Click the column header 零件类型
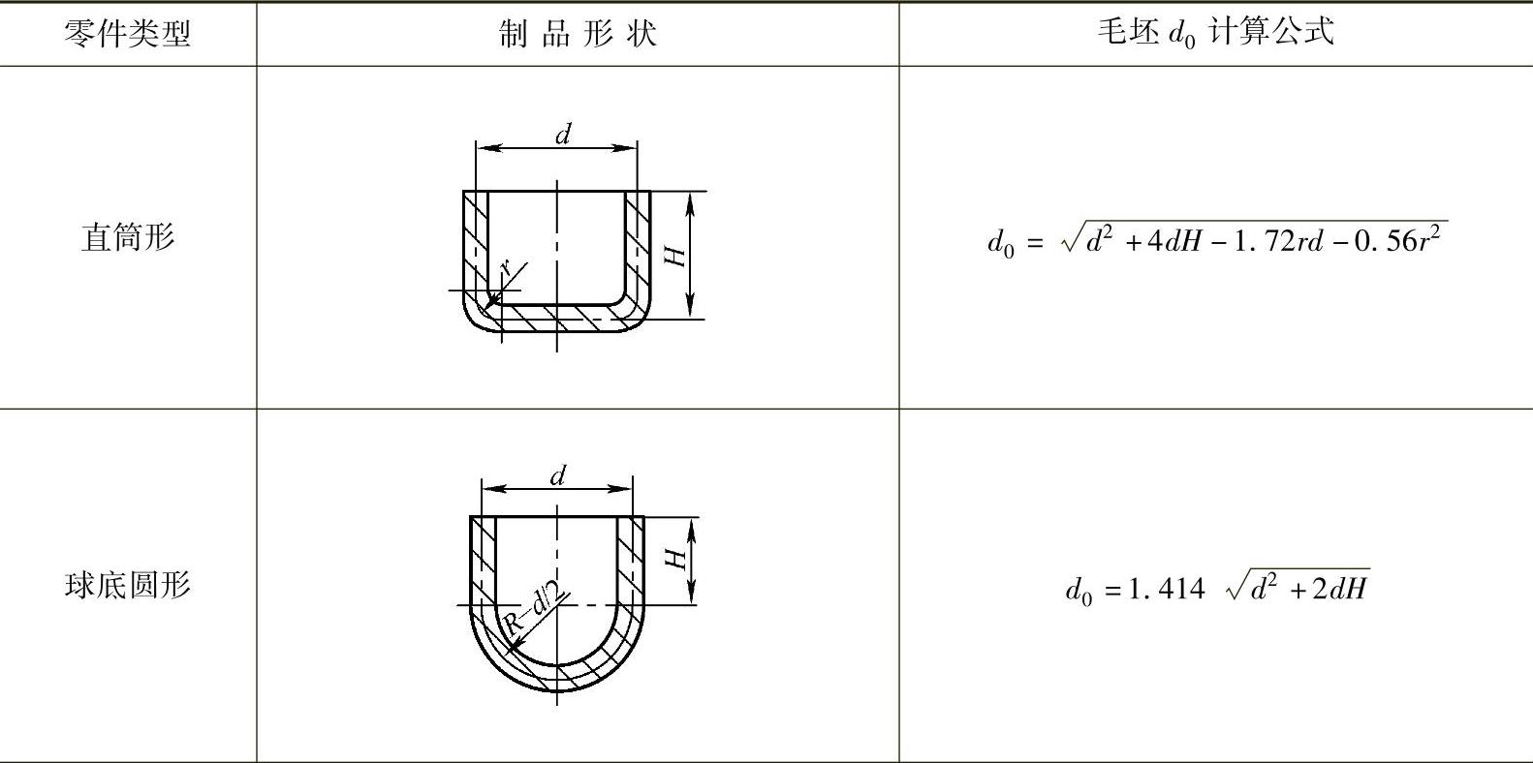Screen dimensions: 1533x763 127,34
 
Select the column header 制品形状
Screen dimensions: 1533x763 578,34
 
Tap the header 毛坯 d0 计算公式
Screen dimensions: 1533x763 1215,32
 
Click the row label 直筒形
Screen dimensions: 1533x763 127,237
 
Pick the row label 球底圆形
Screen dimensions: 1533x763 127,585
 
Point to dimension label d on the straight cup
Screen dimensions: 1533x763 562,135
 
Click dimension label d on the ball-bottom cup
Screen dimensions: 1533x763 557,475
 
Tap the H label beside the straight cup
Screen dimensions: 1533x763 675,255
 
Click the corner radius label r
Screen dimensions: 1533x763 506,270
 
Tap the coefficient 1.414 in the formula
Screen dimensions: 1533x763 1166,589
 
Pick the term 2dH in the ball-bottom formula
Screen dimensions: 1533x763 1340,589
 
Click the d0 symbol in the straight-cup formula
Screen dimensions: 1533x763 1000,242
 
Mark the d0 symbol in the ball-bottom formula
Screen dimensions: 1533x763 1078,591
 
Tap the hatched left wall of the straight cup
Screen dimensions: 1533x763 475,242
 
